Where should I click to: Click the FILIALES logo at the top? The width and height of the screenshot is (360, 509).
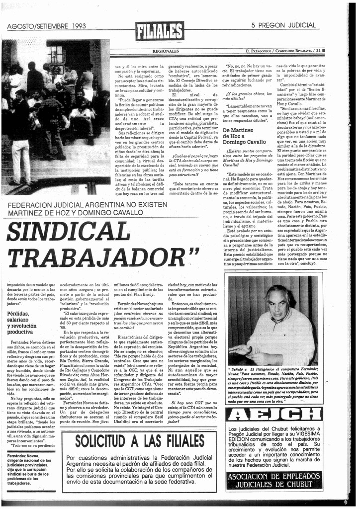tap(160, 32)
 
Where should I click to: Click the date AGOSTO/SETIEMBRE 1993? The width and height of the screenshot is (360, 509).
tap(47, 26)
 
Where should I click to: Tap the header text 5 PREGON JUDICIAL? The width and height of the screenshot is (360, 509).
tap(283, 25)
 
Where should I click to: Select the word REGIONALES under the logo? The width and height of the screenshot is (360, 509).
tap(166, 51)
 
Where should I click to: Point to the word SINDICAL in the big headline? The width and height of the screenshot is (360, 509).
tap(69, 232)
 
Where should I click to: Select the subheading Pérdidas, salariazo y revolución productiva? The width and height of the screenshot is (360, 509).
tap(27, 323)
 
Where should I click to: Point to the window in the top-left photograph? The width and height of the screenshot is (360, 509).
tap(56, 53)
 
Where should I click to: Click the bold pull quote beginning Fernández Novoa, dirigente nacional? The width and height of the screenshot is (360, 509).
tap(30, 469)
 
